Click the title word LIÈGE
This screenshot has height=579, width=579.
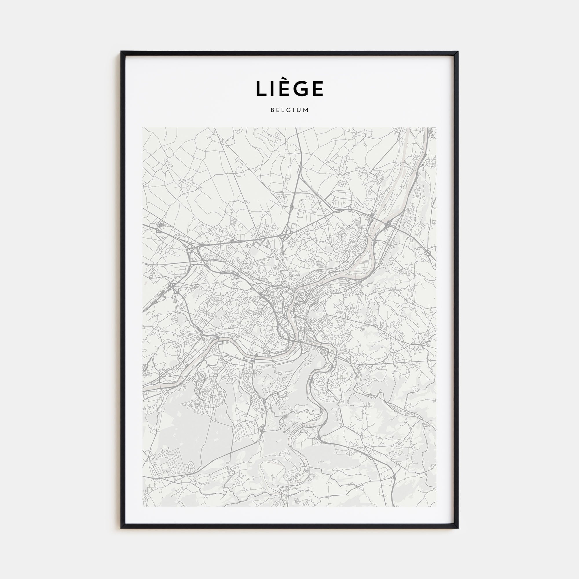(289, 89)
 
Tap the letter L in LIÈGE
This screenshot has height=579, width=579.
(261, 89)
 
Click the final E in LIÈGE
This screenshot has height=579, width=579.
(317, 89)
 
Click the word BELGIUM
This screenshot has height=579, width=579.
(289, 110)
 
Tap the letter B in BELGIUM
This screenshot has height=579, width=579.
(272, 110)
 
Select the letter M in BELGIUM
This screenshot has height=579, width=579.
(306, 110)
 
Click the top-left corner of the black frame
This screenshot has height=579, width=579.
(121, 52)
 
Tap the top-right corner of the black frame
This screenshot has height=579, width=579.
(458, 52)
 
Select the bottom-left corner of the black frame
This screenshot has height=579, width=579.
(121, 527)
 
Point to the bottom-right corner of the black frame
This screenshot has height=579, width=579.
(458, 527)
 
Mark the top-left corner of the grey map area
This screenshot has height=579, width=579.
(143, 128)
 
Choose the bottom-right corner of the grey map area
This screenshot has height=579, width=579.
(436, 506)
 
